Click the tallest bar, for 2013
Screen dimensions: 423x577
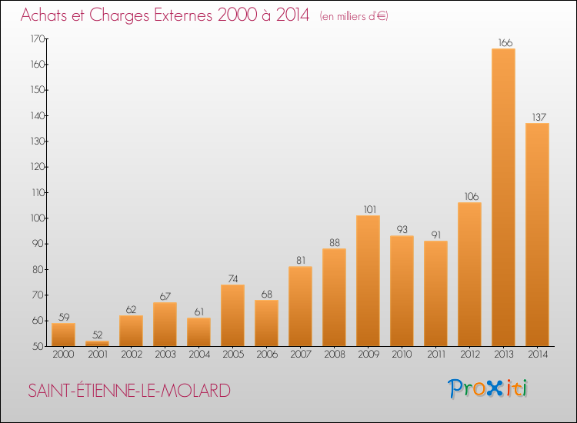(x=503, y=198)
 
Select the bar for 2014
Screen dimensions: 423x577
(x=537, y=235)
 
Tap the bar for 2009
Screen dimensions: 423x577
(x=368, y=281)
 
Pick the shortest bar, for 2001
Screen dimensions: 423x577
(x=97, y=344)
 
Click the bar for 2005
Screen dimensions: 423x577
(x=232, y=315)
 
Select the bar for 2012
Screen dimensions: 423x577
(x=469, y=275)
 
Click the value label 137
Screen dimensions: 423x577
(x=537, y=118)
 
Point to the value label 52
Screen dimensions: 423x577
(x=97, y=335)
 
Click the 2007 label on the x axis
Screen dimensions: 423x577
(x=300, y=355)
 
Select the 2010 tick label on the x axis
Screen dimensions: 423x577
(x=402, y=355)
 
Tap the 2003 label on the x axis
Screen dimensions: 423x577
(x=165, y=355)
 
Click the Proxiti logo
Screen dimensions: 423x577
(x=489, y=388)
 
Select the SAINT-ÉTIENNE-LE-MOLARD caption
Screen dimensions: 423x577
(x=129, y=391)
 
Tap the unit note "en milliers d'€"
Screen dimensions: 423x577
(x=354, y=16)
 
